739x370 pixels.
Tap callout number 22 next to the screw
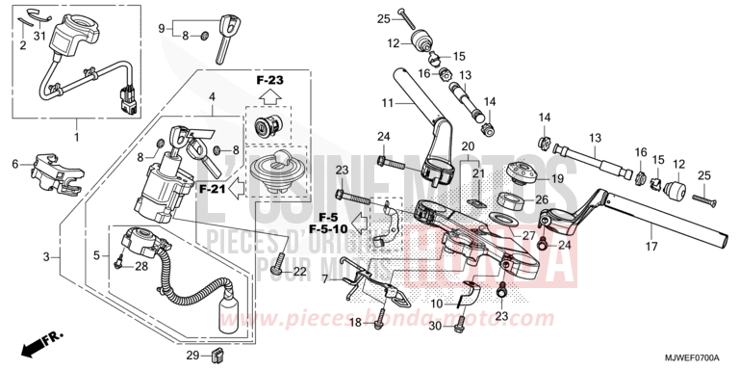pos(300,273)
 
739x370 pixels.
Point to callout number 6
pos(15,164)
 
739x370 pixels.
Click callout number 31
pos(40,37)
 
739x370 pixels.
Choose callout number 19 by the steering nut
pos(556,178)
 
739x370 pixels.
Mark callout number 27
pos(528,236)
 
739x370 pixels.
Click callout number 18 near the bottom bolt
pos(355,323)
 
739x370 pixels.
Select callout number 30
pos(435,327)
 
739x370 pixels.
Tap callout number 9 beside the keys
pos(163,28)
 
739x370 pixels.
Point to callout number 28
pos(140,266)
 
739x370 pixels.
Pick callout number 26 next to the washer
pos(542,200)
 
